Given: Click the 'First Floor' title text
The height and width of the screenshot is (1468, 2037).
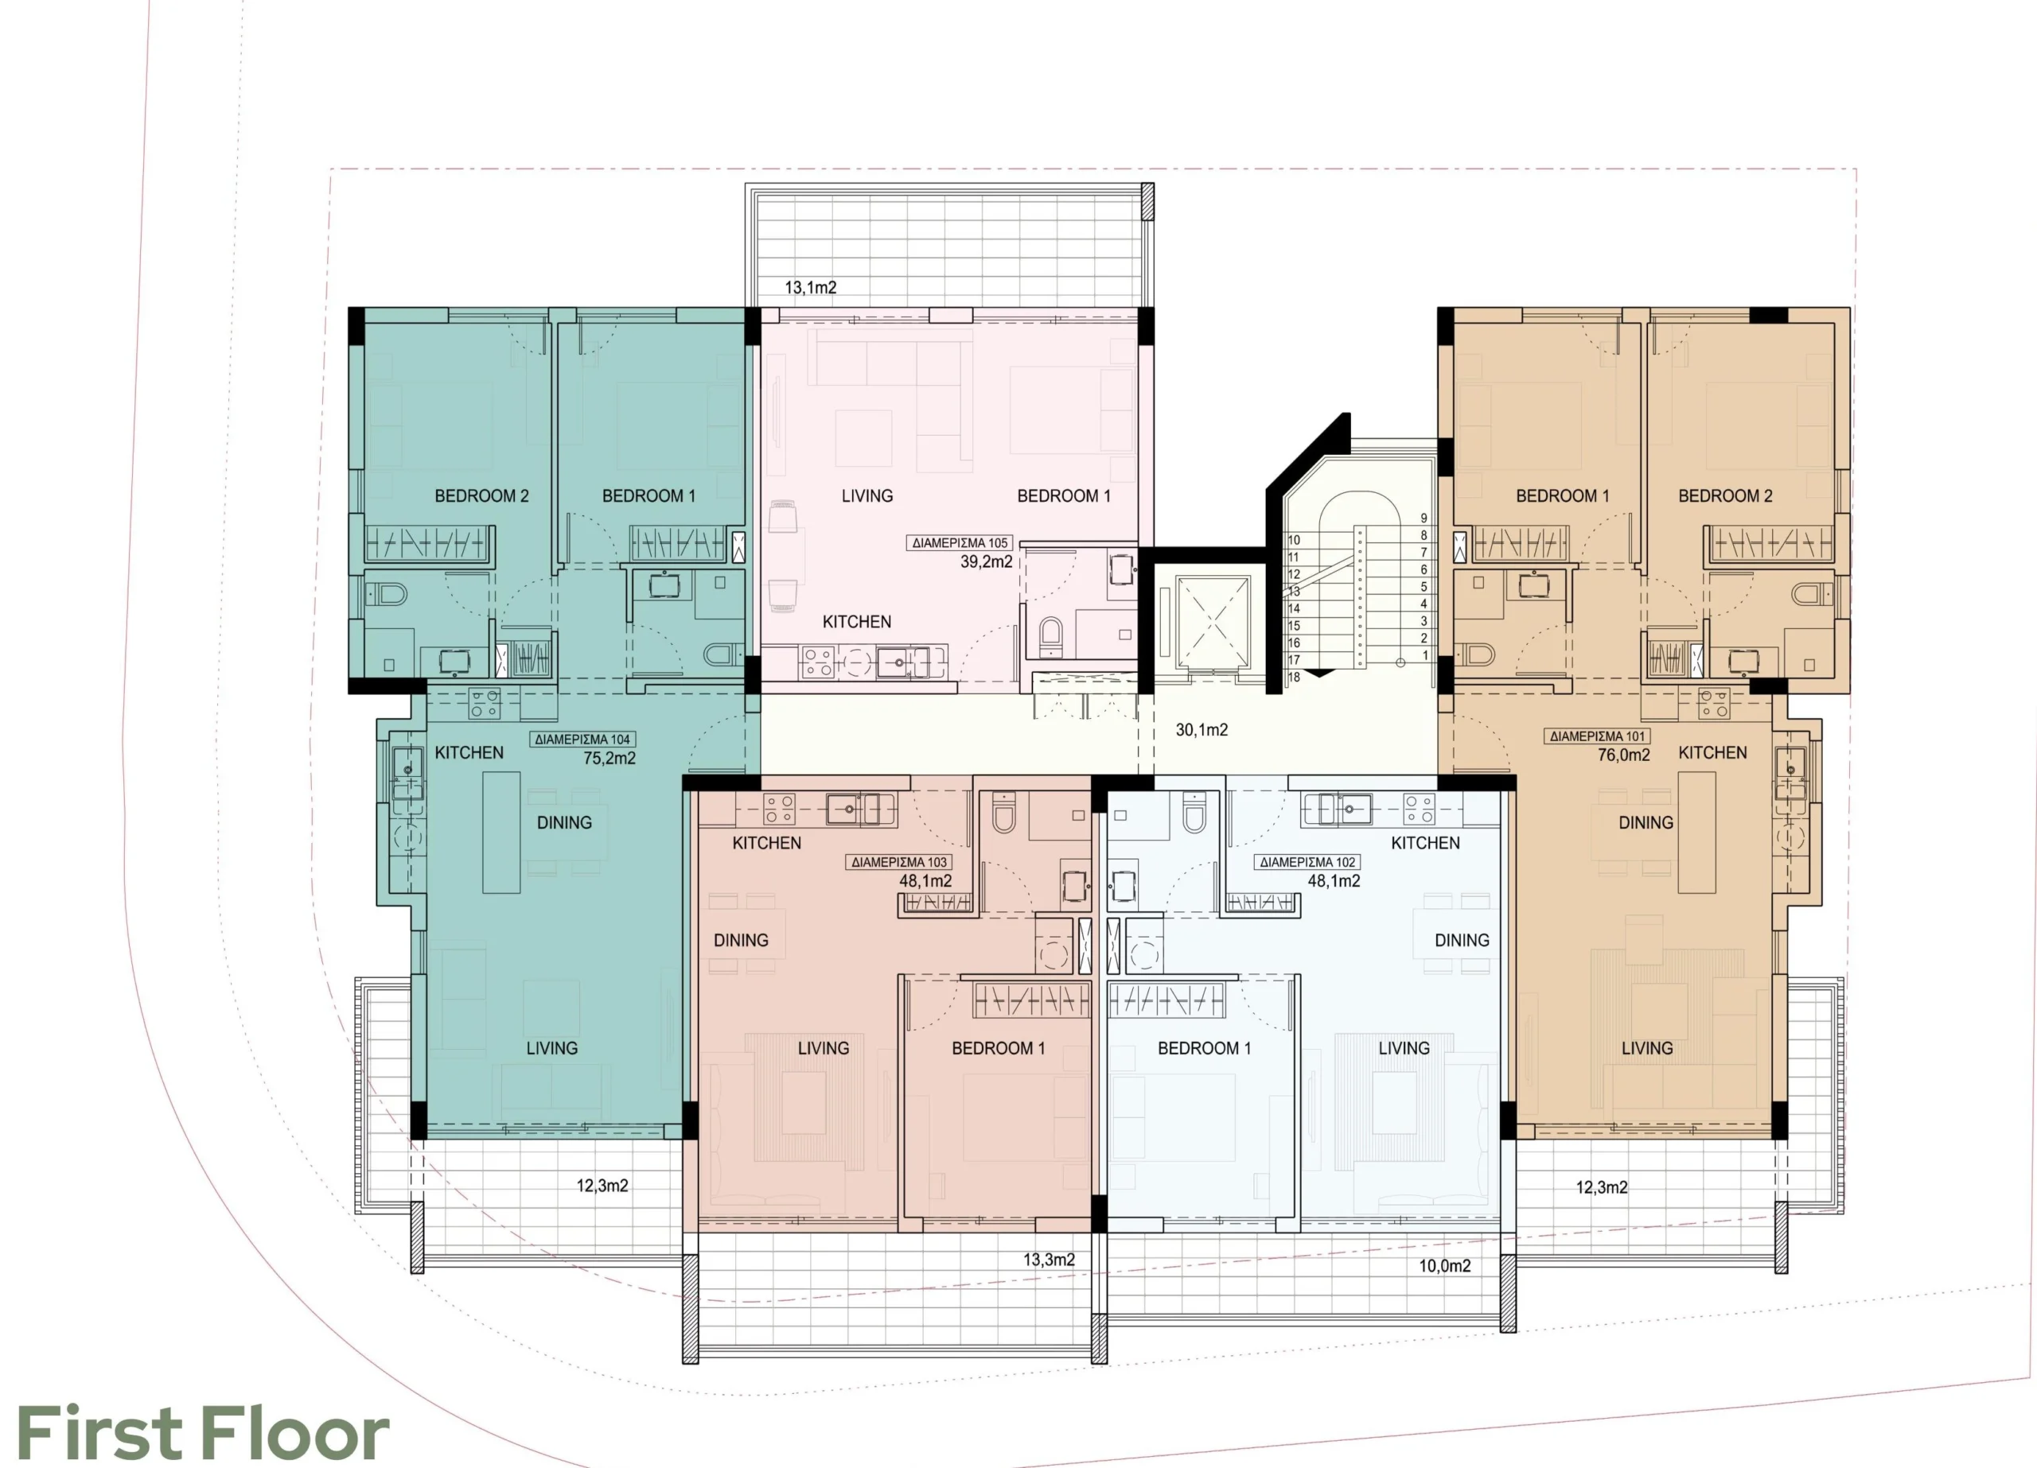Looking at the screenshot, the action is (x=203, y=1433).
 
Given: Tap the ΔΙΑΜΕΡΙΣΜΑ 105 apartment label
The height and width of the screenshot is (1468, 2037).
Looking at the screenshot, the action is (x=960, y=543).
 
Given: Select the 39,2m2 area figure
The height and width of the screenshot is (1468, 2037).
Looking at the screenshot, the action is (x=986, y=562).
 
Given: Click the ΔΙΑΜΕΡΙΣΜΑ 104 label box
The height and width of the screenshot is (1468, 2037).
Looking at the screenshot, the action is (x=583, y=740).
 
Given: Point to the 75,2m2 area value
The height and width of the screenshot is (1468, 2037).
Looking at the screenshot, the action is (x=609, y=759).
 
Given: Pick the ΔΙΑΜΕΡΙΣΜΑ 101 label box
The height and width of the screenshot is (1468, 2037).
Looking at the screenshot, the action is (x=1598, y=736).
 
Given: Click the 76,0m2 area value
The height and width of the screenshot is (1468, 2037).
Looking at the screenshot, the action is (x=1624, y=755).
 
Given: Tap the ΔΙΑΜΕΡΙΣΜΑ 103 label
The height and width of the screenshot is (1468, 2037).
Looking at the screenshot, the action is (x=899, y=862).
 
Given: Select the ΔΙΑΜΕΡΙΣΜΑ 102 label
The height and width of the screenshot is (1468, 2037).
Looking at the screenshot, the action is (x=1307, y=862).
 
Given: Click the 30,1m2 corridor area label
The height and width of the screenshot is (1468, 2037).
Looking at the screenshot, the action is (x=1202, y=730).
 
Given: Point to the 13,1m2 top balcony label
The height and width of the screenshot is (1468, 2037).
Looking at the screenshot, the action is (x=811, y=287).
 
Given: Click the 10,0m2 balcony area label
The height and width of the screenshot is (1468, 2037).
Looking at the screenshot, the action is (x=1445, y=1266).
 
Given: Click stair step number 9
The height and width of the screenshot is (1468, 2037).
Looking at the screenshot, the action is (x=1424, y=518).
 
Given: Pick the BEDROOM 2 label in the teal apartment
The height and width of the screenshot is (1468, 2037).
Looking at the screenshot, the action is (x=481, y=495).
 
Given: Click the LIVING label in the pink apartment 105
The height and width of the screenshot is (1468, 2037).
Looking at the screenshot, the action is (x=867, y=495).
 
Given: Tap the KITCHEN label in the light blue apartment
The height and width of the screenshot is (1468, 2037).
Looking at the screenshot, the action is (x=1425, y=843).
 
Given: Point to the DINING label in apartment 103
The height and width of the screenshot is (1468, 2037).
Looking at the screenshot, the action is (x=741, y=940).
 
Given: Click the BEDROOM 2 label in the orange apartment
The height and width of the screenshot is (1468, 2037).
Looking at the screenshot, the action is (x=1725, y=495).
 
